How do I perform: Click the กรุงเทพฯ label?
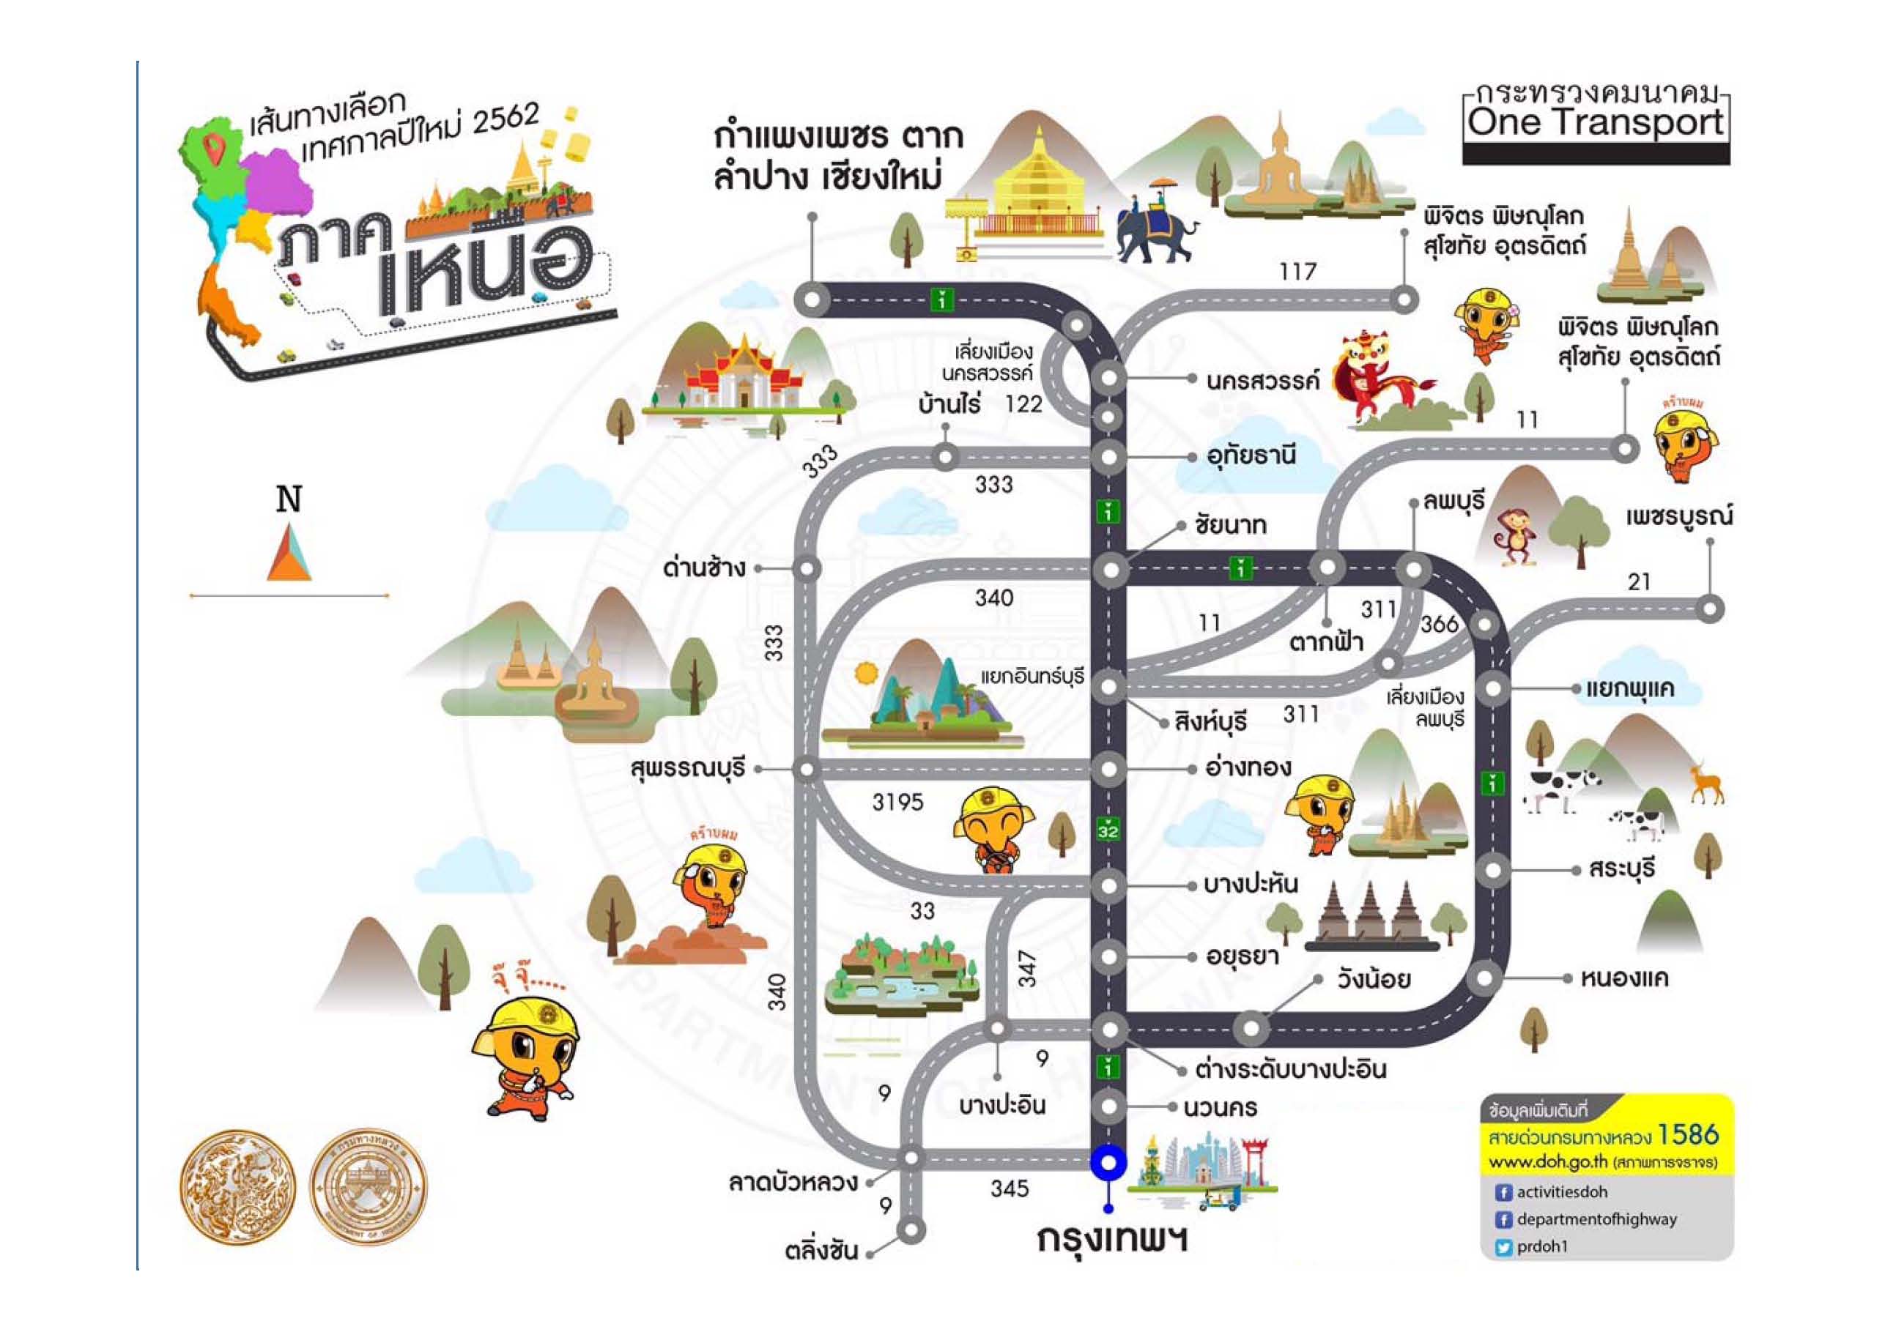[1111, 1239]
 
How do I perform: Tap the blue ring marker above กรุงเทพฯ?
[1108, 1162]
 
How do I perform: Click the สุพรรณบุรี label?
[688, 769]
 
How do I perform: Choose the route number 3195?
[897, 802]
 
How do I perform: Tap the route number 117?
[1297, 271]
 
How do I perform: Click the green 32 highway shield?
[1108, 830]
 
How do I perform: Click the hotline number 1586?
[1688, 1135]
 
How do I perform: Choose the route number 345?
[1009, 1188]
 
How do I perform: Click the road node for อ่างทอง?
[1109, 769]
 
